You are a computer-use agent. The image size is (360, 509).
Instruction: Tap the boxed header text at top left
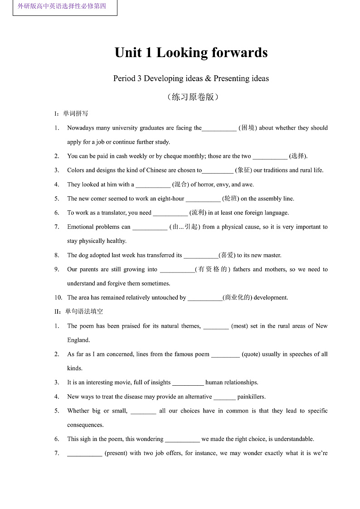(62, 6)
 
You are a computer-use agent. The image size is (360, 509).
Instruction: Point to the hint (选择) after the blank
(298, 156)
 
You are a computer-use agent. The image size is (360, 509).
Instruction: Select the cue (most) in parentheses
(239, 326)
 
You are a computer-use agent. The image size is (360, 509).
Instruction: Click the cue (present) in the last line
(116, 453)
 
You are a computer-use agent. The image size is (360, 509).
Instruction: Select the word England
(78, 340)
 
